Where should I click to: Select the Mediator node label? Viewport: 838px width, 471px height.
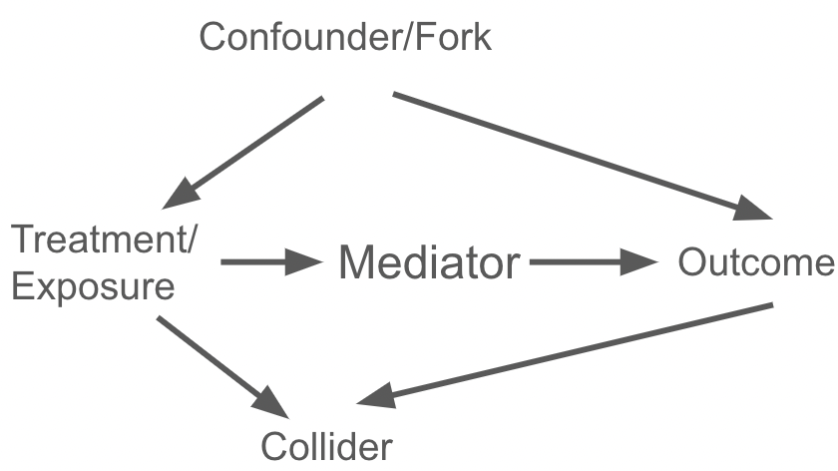coord(429,264)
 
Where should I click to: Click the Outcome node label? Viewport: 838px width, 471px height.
coord(755,263)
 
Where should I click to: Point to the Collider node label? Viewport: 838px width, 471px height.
coord(325,445)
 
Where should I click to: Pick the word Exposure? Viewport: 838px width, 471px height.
coord(94,287)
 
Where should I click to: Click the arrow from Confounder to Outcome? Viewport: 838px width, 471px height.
coord(579,155)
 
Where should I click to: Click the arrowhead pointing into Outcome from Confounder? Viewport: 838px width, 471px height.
coord(754,209)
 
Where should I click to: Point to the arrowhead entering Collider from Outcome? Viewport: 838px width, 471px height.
coord(374,397)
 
